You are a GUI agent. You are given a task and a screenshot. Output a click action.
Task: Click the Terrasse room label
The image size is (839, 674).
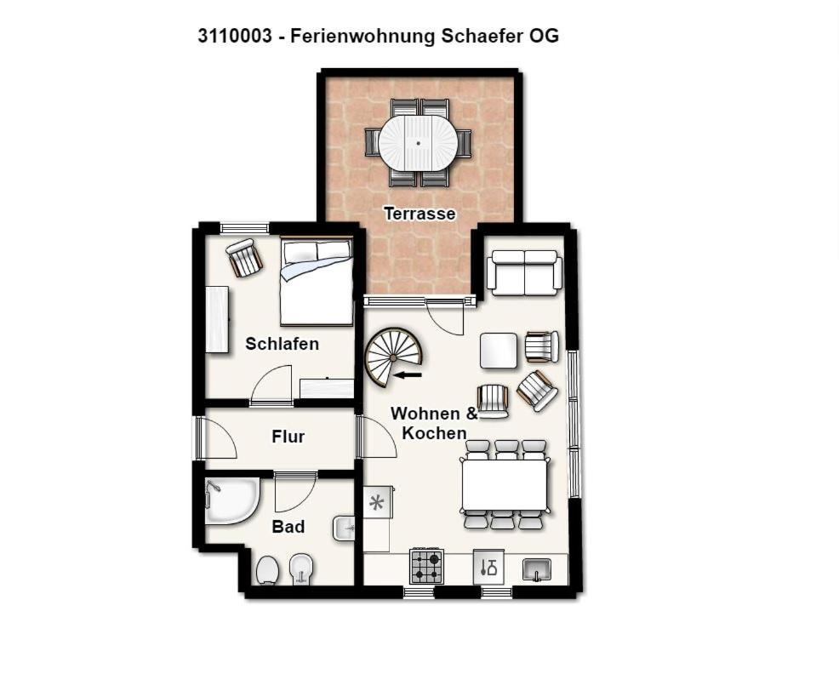pos(420,214)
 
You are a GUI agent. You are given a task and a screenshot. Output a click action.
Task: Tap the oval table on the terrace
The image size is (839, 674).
pos(418,143)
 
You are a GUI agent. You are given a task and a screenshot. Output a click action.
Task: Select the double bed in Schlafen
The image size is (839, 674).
pos(317,282)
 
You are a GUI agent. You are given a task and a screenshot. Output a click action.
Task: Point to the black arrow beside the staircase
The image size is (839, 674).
pos(408,374)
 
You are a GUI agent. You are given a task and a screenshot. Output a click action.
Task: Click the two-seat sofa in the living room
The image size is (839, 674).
pos(524,272)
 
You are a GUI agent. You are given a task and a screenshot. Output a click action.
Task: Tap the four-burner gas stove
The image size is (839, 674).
pos(426,567)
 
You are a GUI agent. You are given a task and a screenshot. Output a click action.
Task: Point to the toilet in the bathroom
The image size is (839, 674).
pos(266,569)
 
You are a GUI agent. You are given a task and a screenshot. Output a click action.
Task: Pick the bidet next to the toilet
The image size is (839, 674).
pos(300,569)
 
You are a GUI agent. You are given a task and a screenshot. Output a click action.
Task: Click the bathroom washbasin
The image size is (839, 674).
pos(344,529)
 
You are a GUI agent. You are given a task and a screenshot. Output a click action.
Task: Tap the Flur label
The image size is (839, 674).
pos(288,437)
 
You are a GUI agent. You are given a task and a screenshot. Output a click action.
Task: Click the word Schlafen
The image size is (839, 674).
pos(282,344)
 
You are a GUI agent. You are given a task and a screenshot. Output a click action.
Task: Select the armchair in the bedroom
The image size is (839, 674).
pos(244,258)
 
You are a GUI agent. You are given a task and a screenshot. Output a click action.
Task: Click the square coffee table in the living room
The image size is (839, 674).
pos(499,351)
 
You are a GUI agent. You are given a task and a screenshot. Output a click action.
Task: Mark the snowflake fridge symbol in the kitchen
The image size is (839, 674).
pos(377,503)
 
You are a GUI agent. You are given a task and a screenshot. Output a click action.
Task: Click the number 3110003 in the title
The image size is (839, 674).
pos(234,36)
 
